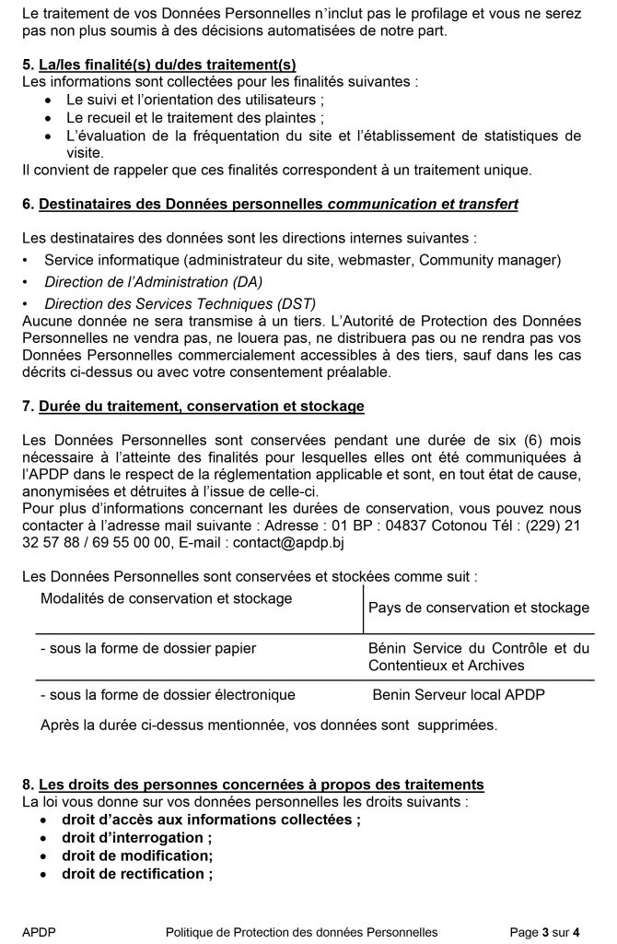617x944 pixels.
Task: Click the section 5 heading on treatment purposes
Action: click(158, 64)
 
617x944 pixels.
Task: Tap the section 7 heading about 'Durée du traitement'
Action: click(192, 406)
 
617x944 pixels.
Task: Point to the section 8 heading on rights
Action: click(253, 785)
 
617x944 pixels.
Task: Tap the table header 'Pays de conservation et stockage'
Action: click(478, 608)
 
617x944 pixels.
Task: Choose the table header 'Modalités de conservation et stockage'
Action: click(166, 598)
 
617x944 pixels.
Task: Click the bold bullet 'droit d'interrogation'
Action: click(136, 837)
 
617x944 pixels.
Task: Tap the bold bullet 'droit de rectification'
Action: click(136, 873)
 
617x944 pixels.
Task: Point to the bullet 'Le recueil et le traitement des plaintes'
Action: click(194, 118)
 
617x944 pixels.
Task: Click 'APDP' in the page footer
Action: click(39, 932)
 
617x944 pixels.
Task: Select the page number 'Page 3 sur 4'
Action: click(545, 932)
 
